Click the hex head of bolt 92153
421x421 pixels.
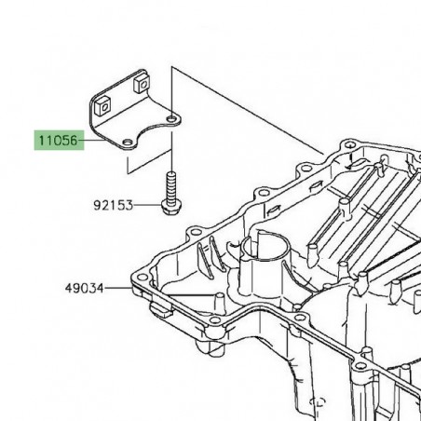click(x=171, y=207)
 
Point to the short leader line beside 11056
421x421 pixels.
click(x=89, y=143)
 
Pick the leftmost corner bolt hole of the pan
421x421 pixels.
click(x=141, y=278)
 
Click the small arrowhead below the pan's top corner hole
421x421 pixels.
click(x=348, y=163)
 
